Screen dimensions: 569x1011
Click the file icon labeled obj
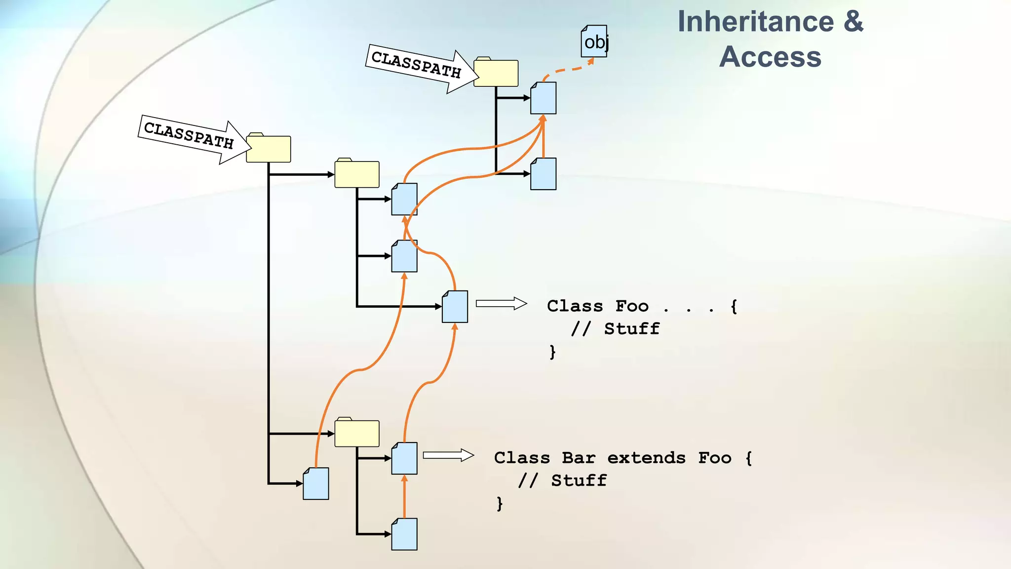[x=594, y=41]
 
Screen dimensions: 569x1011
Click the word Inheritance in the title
[x=755, y=22]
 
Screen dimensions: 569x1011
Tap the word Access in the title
[x=770, y=56]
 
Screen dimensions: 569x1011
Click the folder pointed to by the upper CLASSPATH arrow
[x=496, y=73]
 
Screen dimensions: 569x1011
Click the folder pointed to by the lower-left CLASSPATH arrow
[x=268, y=149]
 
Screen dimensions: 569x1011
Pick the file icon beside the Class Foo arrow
[x=455, y=307]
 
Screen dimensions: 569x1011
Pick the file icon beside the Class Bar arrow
[x=404, y=458]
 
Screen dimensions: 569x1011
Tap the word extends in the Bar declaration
[x=646, y=458]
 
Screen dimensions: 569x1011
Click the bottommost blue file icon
[x=404, y=534]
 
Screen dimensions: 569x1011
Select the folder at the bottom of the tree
[x=357, y=433]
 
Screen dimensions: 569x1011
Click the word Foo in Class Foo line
[x=632, y=306]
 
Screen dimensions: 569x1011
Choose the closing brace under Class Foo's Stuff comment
[x=552, y=352]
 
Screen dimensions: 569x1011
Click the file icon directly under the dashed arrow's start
[x=543, y=98]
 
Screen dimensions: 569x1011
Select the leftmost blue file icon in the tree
[x=316, y=484]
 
